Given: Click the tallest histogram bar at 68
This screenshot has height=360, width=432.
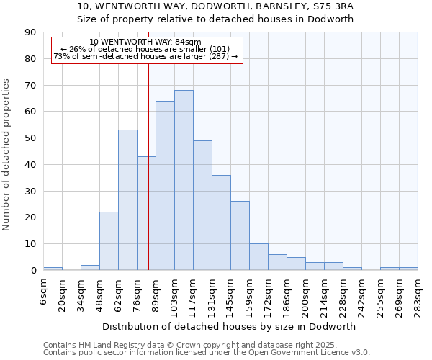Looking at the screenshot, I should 184,180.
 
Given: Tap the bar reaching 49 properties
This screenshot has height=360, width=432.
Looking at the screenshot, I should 202,205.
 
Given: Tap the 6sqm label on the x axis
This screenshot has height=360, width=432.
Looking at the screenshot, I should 44,292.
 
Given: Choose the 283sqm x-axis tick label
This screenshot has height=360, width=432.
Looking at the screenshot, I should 418,295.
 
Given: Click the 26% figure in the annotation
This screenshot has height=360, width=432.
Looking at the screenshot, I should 77,49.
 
